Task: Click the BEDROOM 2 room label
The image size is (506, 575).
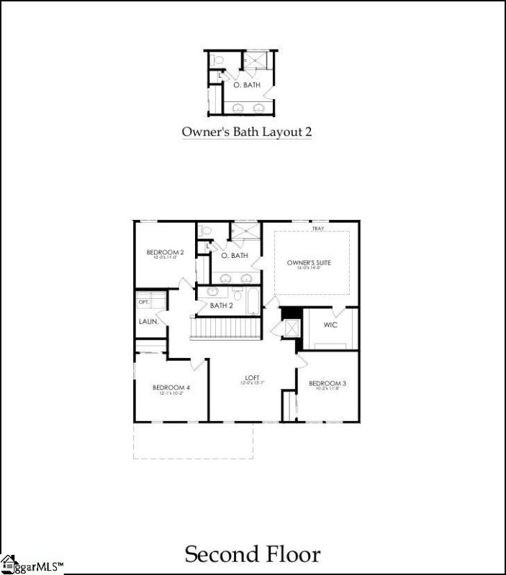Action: click(x=166, y=252)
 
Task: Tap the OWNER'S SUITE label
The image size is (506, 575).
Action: click(x=309, y=263)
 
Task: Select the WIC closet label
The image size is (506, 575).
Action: click(x=330, y=326)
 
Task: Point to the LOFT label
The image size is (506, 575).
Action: click(x=250, y=377)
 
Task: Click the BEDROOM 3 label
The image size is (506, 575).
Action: click(x=327, y=384)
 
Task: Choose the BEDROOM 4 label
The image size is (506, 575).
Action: click(x=170, y=388)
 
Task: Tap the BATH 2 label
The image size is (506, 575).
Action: click(x=221, y=306)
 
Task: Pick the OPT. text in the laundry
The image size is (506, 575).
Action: click(x=143, y=302)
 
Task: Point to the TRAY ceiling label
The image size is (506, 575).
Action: click(x=317, y=229)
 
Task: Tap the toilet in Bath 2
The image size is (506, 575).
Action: click(x=237, y=295)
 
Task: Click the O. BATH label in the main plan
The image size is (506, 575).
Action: click(x=235, y=255)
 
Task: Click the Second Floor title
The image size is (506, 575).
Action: click(x=253, y=554)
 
